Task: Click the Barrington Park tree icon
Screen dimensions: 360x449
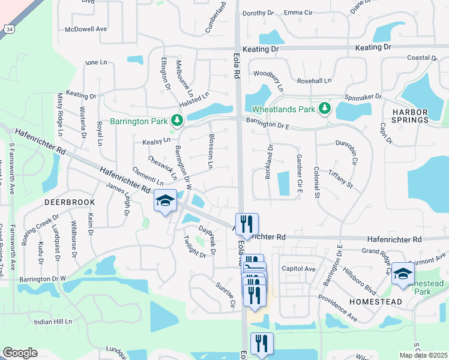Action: coord(176,121)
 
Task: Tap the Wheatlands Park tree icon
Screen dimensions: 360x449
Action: coord(325,109)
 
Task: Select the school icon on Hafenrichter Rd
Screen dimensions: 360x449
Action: coord(164,200)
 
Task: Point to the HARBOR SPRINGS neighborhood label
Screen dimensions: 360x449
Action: coord(410,116)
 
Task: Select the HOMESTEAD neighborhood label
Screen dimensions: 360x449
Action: coord(374,302)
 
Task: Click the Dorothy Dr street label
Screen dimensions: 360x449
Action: coord(258,13)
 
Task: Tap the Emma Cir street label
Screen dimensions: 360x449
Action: coord(298,13)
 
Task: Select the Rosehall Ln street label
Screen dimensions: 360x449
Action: coord(315,80)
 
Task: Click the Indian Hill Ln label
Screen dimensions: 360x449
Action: coord(53,322)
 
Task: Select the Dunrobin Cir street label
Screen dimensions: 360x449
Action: coord(347,152)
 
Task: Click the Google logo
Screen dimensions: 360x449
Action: coord(20,353)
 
